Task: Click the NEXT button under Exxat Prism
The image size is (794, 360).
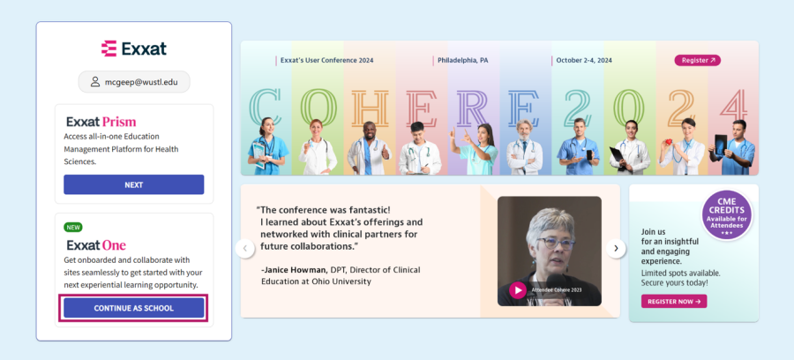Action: click(134, 184)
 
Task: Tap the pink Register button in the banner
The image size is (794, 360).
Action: click(697, 60)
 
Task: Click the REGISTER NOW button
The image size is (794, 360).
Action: click(674, 301)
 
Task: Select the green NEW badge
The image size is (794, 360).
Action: click(73, 228)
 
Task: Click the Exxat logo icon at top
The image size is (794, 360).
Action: click(109, 49)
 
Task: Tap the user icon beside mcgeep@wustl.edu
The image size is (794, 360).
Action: click(95, 82)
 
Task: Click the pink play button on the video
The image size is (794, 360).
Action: click(518, 290)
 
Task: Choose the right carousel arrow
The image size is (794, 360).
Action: click(616, 249)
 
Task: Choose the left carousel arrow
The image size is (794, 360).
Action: click(245, 249)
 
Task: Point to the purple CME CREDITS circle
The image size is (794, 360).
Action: click(727, 215)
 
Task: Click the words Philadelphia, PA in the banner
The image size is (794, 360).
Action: click(463, 60)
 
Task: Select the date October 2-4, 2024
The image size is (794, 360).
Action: click(584, 60)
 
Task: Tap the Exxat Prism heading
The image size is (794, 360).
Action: click(101, 122)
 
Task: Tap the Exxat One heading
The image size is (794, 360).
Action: click(96, 245)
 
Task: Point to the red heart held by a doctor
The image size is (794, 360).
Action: click(669, 142)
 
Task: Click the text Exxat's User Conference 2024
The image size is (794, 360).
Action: click(326, 60)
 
